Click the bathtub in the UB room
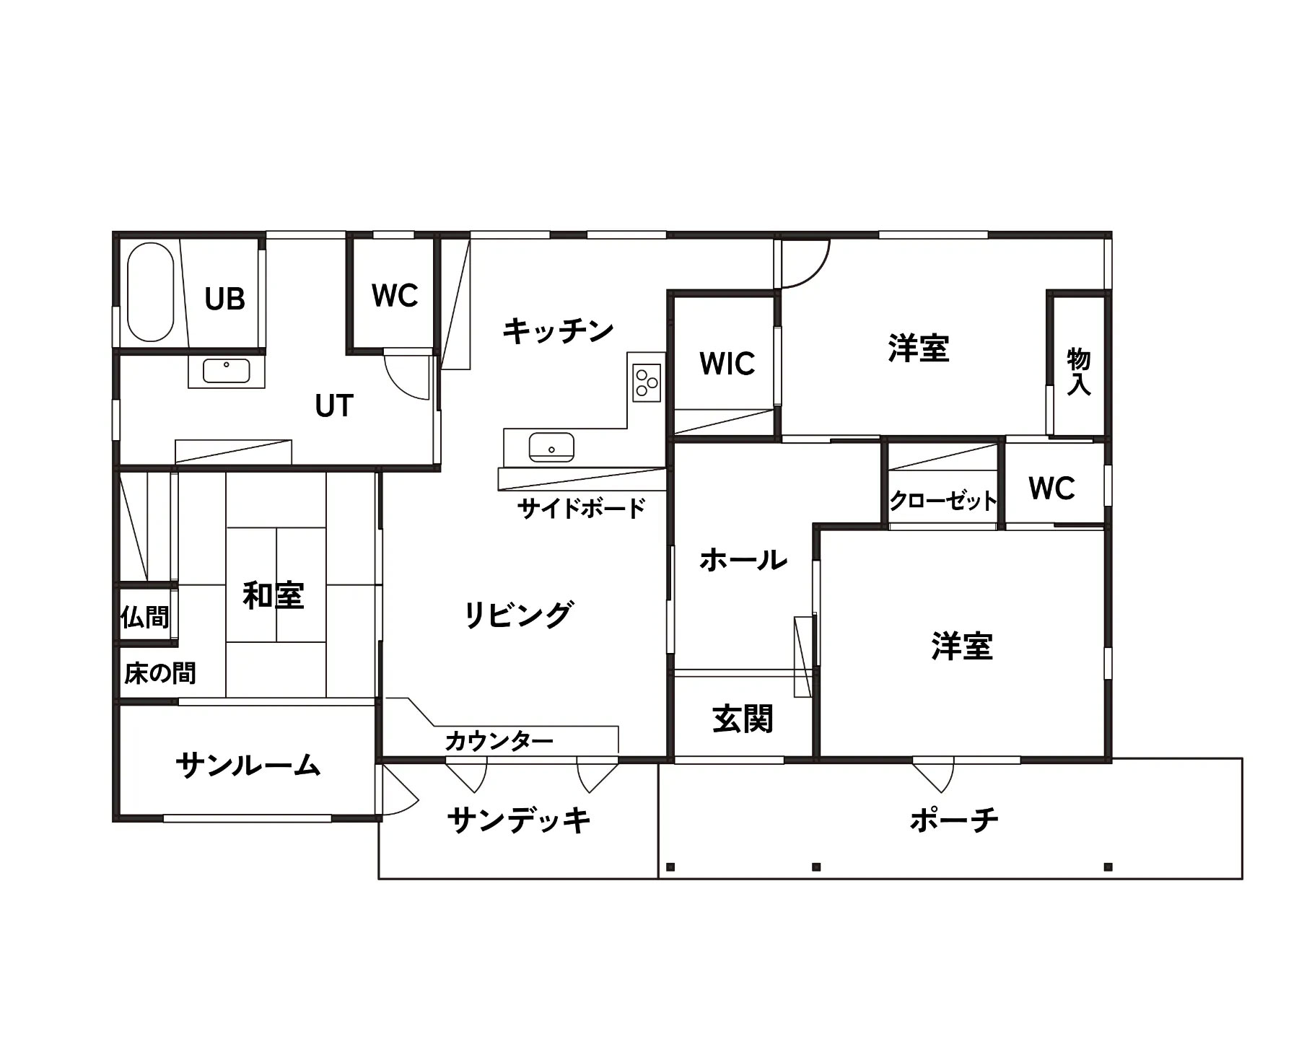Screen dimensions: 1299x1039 [151, 292]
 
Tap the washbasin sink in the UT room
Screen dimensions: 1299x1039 [227, 371]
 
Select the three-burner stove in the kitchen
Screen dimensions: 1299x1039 [647, 383]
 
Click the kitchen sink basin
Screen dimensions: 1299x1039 [551, 447]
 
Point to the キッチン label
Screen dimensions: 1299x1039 [558, 331]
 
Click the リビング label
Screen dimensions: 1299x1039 [519, 615]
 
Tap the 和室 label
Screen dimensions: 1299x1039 [274, 596]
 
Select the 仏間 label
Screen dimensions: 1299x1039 [145, 617]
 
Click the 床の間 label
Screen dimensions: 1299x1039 [160, 673]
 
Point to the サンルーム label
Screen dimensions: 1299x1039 [248, 765]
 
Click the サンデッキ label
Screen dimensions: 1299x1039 [519, 820]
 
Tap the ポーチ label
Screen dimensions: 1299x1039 [954, 820]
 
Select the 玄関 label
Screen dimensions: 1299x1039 [743, 719]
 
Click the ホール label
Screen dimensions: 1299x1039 [743, 560]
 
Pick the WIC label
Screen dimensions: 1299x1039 [727, 364]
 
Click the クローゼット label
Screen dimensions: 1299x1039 [943, 500]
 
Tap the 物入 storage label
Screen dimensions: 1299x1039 [1078, 372]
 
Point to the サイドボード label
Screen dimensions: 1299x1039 [582, 509]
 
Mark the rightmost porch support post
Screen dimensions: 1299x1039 [1108, 867]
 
